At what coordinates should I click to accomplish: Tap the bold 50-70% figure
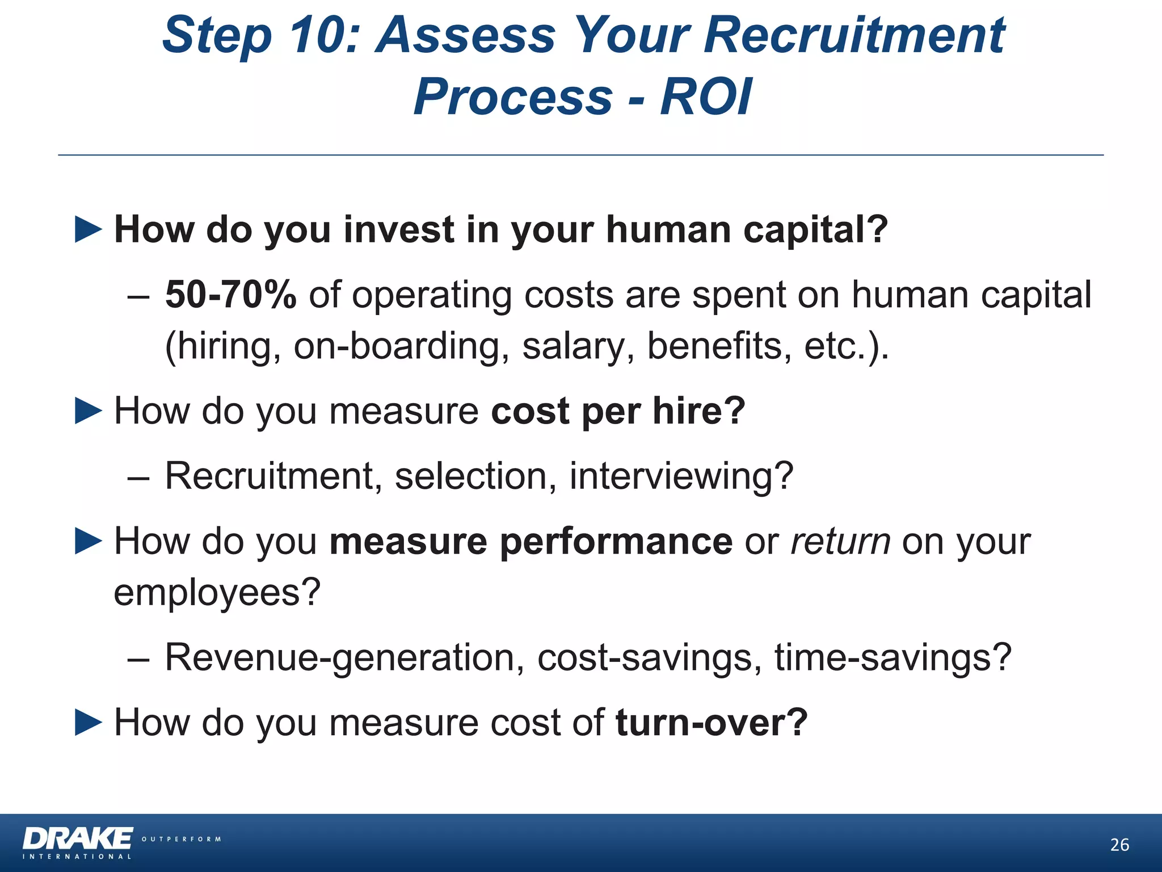click(230, 295)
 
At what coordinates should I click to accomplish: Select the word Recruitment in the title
click(854, 35)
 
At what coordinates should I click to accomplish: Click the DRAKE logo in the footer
click(78, 839)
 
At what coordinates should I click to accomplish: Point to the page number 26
click(1119, 845)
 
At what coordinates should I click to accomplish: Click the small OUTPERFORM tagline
click(181, 839)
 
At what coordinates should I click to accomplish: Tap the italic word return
click(840, 541)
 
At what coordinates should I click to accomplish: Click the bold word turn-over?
click(711, 723)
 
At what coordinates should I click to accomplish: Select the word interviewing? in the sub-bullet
click(681, 476)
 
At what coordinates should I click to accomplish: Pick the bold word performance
click(616, 541)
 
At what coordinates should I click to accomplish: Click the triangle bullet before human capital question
click(89, 230)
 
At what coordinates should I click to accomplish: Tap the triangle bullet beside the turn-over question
click(89, 723)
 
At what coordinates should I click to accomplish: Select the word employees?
click(217, 592)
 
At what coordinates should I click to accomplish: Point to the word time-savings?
click(892, 657)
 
